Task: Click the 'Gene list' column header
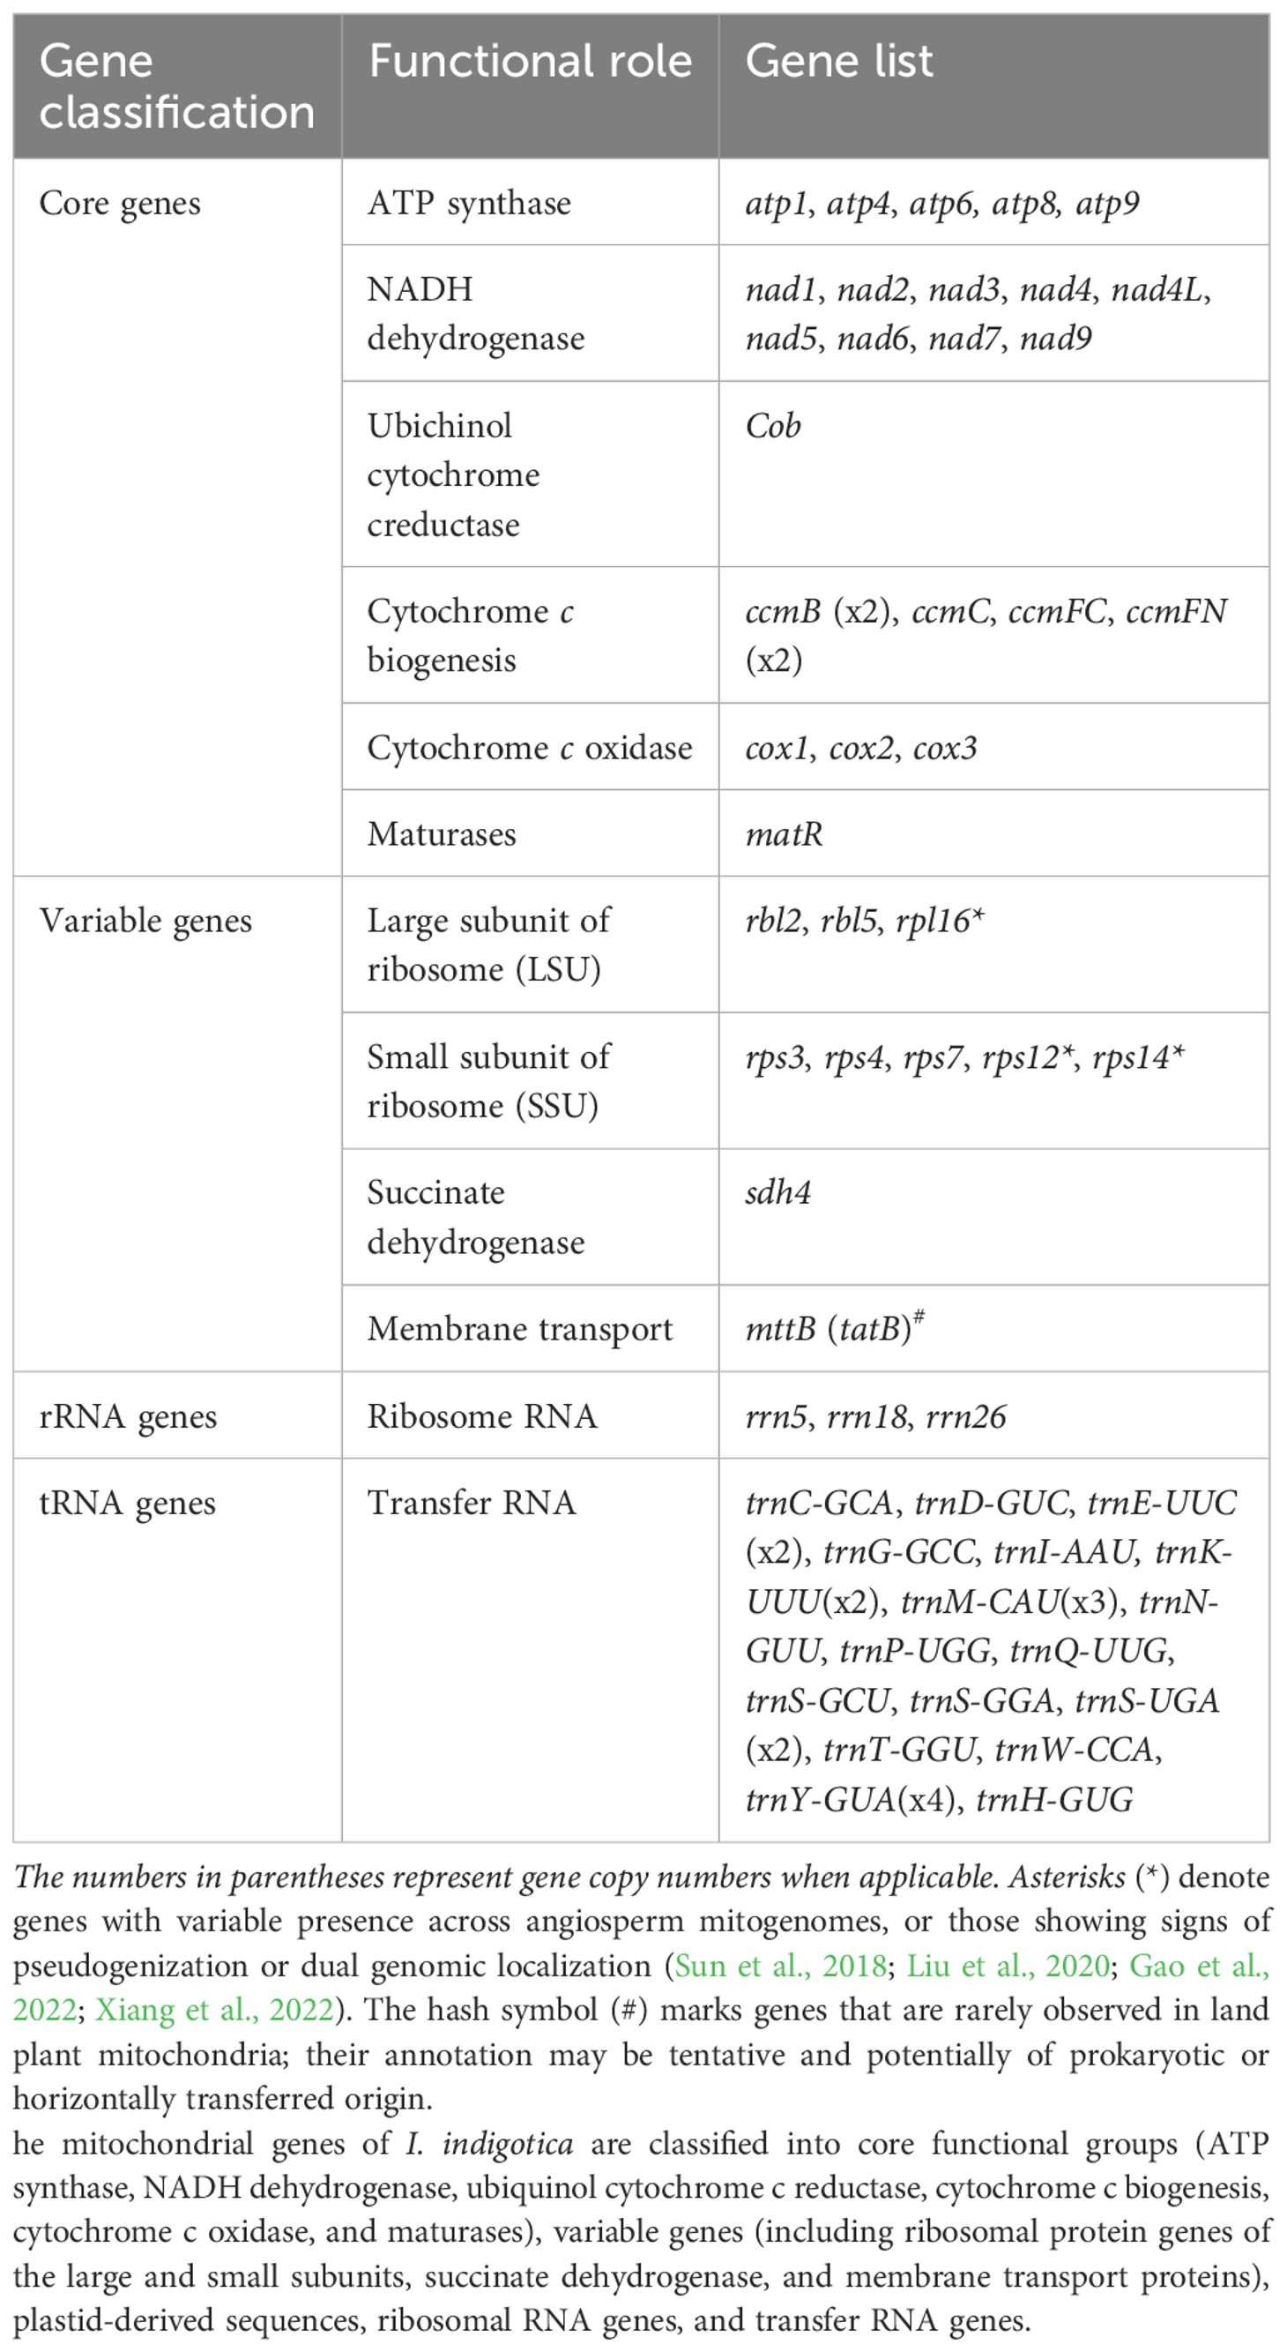click(839, 62)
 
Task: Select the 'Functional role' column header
click(530, 62)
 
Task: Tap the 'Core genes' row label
click(120, 203)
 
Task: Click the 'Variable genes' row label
click(145, 921)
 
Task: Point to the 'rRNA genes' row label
click(128, 1416)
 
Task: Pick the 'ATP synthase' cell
click(469, 203)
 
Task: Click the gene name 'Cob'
click(773, 425)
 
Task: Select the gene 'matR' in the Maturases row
click(784, 833)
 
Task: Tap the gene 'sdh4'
click(777, 1192)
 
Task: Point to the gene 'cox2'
click(861, 748)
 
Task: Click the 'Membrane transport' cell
click(519, 1328)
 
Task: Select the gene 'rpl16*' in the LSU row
click(941, 921)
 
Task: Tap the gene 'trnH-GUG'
click(1054, 1799)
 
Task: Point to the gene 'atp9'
click(1107, 203)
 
